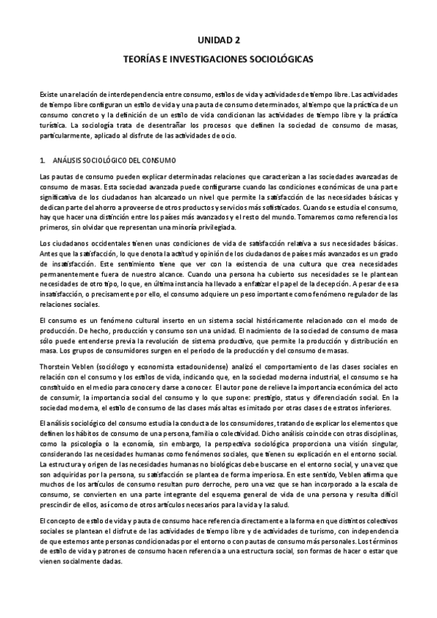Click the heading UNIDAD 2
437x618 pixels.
(218, 43)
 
